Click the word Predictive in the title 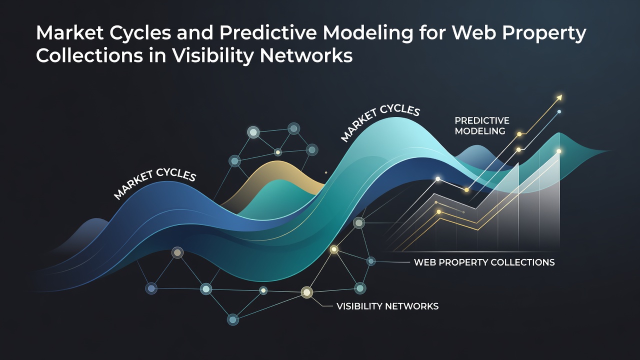(268, 33)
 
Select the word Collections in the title (89, 55)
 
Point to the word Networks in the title (306, 55)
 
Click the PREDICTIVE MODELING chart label (481, 125)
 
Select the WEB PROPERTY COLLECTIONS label (484, 262)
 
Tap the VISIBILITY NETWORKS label (387, 306)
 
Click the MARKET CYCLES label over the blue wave (155, 183)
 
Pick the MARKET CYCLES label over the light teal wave (380, 122)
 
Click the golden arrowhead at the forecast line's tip (559, 97)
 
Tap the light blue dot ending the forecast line (559, 111)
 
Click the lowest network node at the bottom (233, 319)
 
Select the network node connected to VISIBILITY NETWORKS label (307, 292)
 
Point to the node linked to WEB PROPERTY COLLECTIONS (371, 261)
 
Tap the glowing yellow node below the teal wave (334, 249)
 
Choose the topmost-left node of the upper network (253, 132)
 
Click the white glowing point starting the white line (437, 179)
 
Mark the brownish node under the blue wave (177, 252)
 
